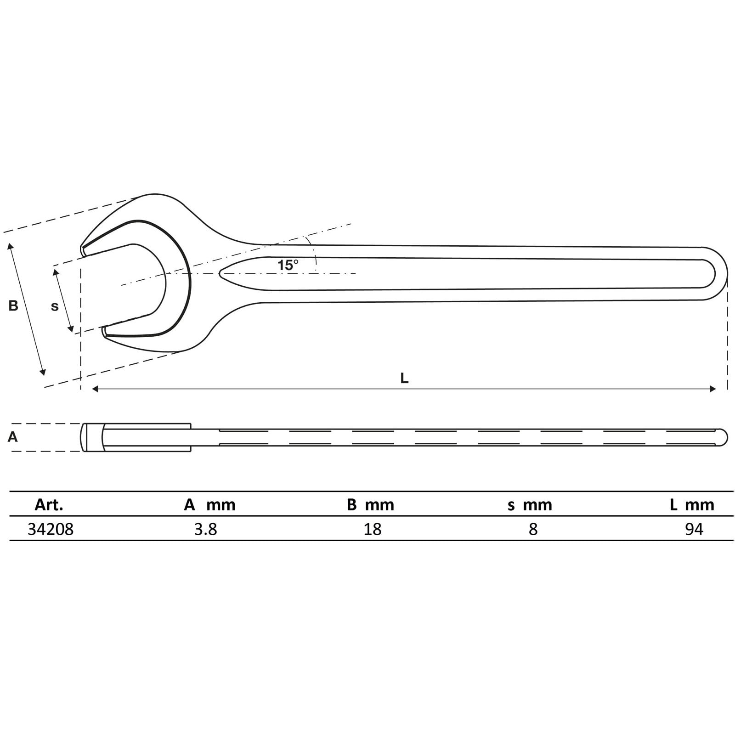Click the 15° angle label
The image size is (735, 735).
tap(288, 265)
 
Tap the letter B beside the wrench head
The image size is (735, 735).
tap(13, 305)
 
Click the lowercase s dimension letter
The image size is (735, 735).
tap(55, 306)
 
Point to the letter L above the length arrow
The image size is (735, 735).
tap(404, 378)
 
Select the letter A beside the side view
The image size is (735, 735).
tap(13, 437)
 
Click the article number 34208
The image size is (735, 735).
tap(51, 529)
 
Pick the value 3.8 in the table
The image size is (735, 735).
tap(205, 529)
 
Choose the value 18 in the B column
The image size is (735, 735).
tap(373, 529)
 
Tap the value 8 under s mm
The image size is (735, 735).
tap(533, 529)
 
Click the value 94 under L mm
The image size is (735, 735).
tap(694, 529)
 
